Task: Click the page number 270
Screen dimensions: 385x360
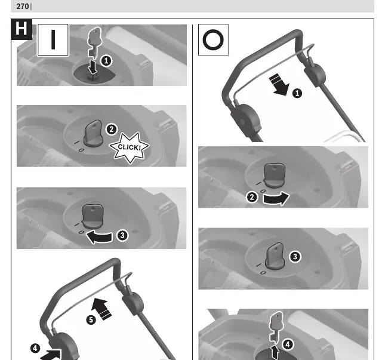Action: coord(23,6)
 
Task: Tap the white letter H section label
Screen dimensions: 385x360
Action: coord(21,29)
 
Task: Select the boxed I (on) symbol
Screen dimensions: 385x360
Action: coord(53,40)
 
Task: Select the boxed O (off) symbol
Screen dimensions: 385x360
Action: coord(213,39)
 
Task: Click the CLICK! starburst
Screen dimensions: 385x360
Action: coord(130,147)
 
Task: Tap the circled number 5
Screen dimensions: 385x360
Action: coord(91,320)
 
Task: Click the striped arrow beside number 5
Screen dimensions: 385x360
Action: coord(101,309)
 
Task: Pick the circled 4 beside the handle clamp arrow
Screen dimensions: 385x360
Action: coord(35,348)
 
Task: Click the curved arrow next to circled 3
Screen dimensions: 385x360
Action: coord(99,236)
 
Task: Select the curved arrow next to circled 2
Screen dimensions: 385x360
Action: coord(276,198)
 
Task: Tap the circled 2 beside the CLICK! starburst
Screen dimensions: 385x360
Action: coord(112,129)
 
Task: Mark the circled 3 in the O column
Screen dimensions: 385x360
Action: coord(295,257)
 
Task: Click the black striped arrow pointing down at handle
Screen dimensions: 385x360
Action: coord(279,84)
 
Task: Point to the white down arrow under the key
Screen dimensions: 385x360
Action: coord(93,67)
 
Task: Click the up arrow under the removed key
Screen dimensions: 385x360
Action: coord(275,352)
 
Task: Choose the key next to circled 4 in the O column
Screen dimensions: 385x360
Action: coord(276,327)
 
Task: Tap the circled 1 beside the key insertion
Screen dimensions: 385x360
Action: coord(106,61)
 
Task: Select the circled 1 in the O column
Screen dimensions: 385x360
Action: coord(297,93)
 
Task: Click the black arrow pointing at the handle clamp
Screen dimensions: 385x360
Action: coord(51,355)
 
